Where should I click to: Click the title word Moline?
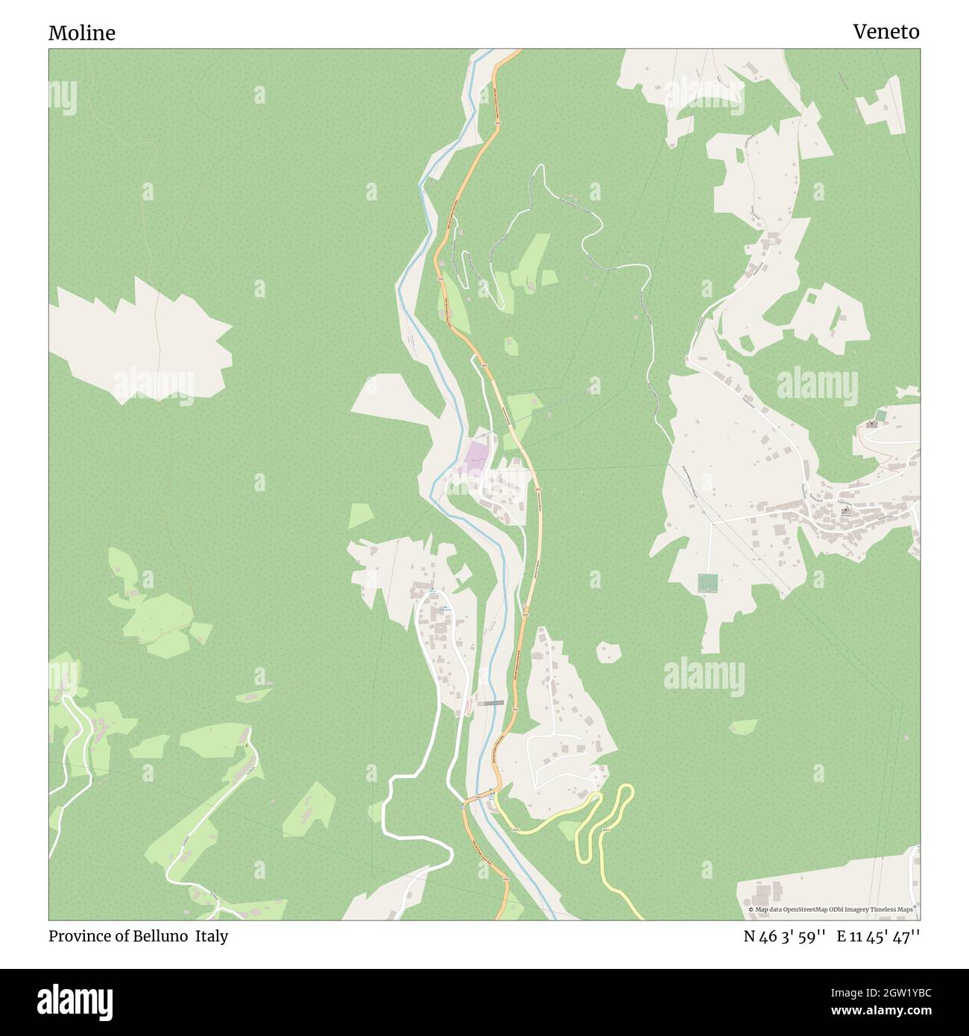(82, 33)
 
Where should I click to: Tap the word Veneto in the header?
(886, 31)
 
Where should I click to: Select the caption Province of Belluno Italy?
(138, 936)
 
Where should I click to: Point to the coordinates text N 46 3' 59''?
(783, 936)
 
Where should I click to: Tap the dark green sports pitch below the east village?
(707, 583)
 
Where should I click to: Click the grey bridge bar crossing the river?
(491, 703)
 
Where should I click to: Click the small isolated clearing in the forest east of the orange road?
(609, 652)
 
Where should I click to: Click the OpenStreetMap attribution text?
(833, 909)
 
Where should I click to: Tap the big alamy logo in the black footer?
(75, 1001)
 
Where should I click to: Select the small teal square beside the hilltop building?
(882, 414)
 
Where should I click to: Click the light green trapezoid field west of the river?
(361, 514)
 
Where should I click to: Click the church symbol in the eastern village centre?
(845, 512)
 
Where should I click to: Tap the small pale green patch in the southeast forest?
(743, 726)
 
